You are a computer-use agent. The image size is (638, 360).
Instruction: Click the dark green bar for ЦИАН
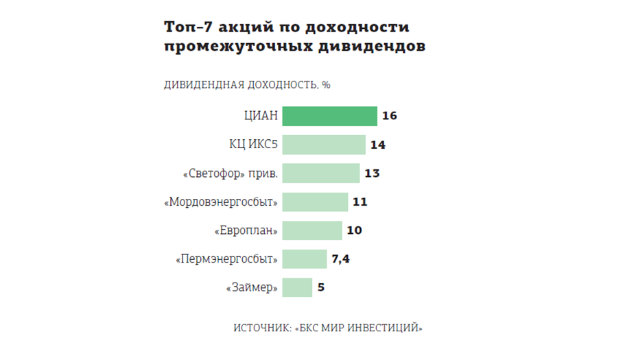click(329, 116)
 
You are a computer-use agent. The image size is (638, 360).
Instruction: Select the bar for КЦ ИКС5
click(324, 145)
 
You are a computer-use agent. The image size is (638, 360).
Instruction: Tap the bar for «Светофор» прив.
click(321, 173)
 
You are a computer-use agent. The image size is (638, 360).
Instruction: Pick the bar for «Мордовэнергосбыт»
click(315, 202)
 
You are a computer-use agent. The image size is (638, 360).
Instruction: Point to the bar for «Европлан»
click(312, 230)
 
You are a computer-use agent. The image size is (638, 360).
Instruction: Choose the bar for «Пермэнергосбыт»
click(305, 259)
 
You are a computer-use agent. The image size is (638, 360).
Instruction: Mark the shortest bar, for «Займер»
click(297, 287)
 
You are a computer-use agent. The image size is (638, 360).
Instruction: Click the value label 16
click(390, 116)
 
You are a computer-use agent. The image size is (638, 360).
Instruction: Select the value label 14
click(377, 145)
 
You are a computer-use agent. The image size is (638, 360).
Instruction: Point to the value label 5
click(320, 287)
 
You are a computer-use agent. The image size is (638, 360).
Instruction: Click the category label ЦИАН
click(261, 116)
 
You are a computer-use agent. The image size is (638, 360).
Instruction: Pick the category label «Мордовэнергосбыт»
click(221, 202)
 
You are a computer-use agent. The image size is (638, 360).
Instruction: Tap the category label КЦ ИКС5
click(253, 145)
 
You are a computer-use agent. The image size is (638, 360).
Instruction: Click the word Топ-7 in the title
click(187, 27)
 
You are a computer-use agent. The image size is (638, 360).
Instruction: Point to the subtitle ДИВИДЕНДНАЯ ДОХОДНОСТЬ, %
click(247, 85)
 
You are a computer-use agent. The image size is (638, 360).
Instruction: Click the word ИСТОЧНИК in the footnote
click(261, 328)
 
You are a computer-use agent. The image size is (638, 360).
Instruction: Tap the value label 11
click(360, 202)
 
